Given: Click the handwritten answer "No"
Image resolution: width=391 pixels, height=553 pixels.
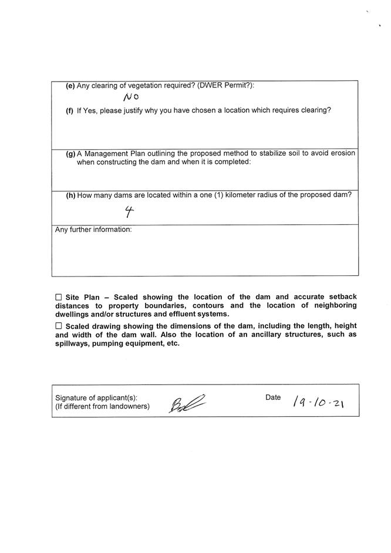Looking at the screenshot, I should click(x=130, y=97).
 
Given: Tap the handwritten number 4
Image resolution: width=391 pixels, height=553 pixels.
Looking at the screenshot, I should click(x=129, y=211).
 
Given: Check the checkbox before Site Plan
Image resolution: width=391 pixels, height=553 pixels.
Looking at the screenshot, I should click(x=58, y=298).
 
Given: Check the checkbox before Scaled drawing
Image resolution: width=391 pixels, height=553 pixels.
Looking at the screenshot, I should click(x=58, y=326).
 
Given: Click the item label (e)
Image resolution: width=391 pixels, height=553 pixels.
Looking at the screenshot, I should click(x=70, y=86).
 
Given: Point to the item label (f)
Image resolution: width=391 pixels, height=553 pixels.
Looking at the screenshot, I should click(x=70, y=110).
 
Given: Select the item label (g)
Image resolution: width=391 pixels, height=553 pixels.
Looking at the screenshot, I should click(x=70, y=154).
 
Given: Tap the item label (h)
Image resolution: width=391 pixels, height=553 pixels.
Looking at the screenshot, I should click(x=70, y=195).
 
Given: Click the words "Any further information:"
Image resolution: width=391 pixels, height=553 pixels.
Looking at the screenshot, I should click(x=93, y=230).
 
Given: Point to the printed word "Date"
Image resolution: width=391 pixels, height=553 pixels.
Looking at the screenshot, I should click(x=273, y=397).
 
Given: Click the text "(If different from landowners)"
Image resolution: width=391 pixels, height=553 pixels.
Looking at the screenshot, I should click(x=102, y=406).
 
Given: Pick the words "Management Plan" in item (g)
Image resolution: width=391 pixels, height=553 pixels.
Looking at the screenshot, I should click(x=112, y=154).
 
